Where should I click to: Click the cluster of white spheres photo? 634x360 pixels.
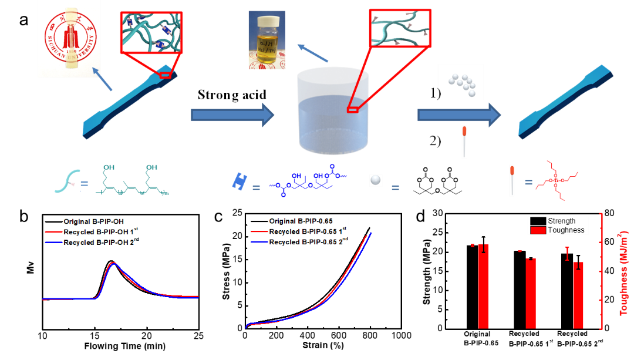pos(460,82)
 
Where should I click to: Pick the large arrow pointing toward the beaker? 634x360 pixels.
pos(232,115)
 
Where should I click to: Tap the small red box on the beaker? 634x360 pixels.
pos(352,109)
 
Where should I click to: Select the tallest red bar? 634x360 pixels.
pos(484,286)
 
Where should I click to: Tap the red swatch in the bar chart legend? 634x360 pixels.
pos(538,230)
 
